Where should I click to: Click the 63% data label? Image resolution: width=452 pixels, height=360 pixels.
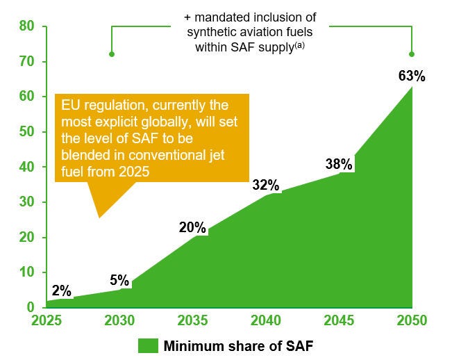point(412,75)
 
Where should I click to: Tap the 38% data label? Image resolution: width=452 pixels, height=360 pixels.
point(340,165)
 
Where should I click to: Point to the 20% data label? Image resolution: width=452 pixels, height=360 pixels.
point(192,227)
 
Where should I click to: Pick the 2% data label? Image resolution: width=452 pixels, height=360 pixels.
point(61,291)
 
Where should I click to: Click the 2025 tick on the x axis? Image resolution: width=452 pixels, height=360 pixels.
point(46,321)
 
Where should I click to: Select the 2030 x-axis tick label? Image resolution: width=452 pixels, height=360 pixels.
point(119,321)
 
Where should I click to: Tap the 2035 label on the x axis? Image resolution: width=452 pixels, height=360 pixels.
point(192,321)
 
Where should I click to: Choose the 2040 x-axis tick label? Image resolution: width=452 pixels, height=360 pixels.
point(265,321)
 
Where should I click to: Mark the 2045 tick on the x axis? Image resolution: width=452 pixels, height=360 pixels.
point(339,321)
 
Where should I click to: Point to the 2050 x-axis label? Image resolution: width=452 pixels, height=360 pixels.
point(411,321)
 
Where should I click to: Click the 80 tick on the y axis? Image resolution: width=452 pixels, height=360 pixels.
point(27,27)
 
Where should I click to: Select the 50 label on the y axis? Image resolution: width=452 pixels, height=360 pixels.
point(27,132)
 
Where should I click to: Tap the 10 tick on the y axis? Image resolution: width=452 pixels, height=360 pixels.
point(27,272)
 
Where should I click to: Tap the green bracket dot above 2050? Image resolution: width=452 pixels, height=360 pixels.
point(412,54)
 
